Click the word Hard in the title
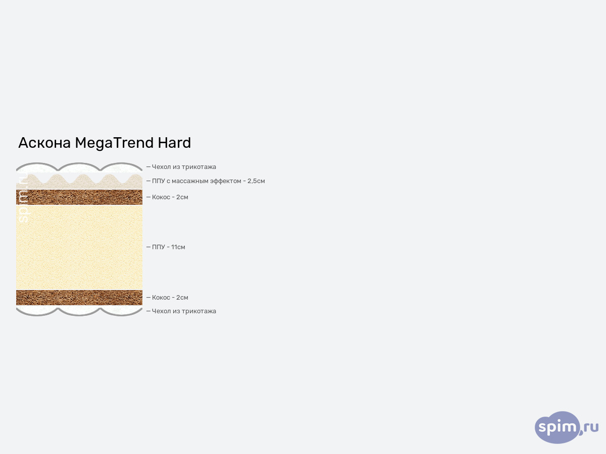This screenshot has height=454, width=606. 174,143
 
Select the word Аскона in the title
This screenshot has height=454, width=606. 44,143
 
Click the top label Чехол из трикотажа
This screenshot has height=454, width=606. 184,167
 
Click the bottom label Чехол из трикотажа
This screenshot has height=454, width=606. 184,311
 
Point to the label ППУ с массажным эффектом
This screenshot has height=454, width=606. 196,181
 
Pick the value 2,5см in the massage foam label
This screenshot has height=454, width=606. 256,181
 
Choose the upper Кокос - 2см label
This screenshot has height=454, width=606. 170,197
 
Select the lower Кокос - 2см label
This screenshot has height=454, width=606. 170,298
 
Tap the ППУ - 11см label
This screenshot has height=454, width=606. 168,247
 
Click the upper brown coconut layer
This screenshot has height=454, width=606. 79,197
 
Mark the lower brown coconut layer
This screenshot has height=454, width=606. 79,298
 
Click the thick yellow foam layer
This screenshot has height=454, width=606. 79,247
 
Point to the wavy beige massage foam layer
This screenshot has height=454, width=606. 79,183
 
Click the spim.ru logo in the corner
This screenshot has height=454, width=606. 566,427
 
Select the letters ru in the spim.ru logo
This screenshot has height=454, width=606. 591,427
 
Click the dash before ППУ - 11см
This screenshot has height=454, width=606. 148,247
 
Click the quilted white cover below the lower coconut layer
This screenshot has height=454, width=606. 79,310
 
